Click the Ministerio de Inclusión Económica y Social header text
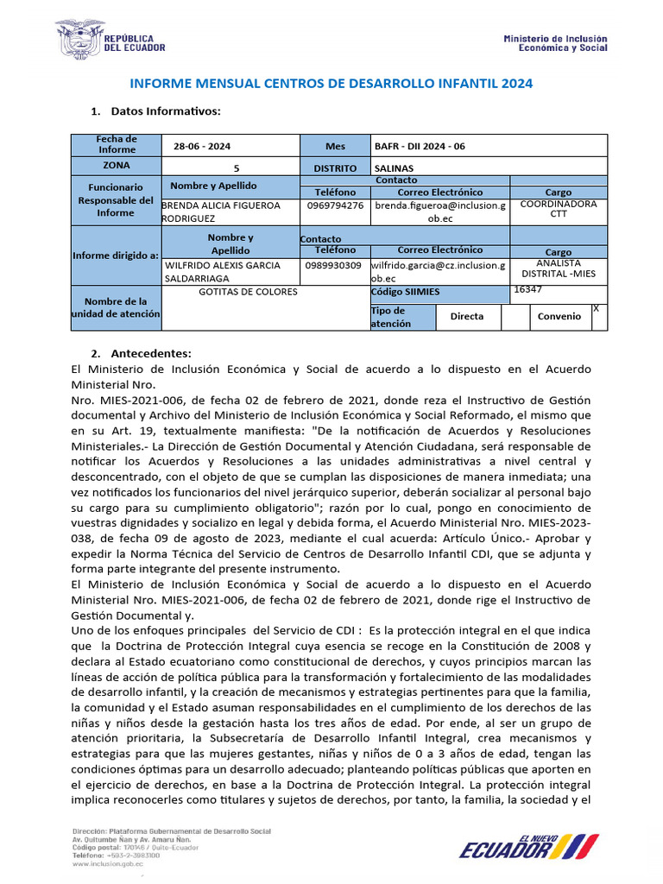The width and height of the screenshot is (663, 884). (555, 43)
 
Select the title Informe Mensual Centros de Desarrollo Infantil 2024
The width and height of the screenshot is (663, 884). (331, 84)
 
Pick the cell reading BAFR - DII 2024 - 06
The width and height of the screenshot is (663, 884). (420, 146)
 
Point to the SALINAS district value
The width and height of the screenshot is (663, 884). (395, 167)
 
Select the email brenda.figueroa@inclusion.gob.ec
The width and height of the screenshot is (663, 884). (439, 212)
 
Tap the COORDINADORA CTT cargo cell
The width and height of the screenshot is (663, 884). (559, 210)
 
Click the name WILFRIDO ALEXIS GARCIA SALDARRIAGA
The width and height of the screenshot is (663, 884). (224, 272)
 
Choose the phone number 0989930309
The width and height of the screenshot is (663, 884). (334, 266)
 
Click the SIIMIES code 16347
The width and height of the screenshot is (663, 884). (527, 290)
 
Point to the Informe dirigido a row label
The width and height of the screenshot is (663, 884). (116, 255)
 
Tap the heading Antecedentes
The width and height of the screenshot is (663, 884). (152, 353)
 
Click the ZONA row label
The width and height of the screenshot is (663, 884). (116, 166)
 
